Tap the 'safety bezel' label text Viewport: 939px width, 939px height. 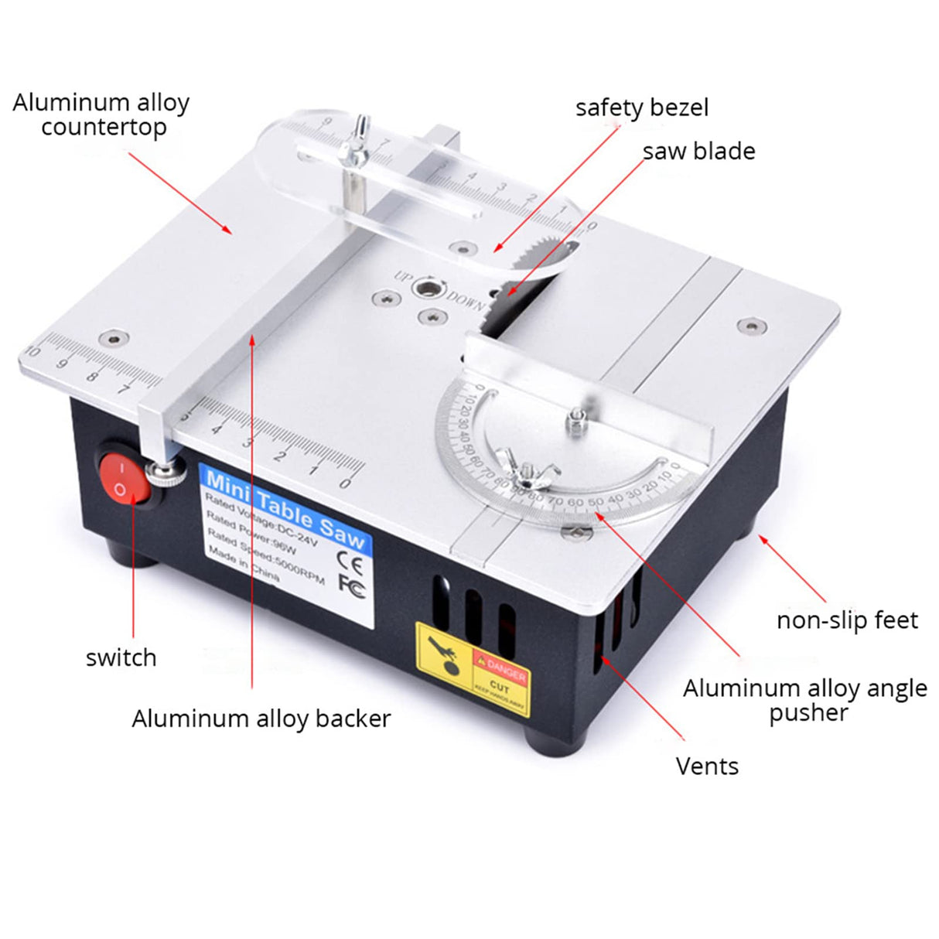point(641,108)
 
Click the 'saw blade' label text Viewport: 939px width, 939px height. point(698,151)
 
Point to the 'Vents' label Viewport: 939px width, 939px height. point(707,766)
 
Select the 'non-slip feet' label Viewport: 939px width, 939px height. point(847,620)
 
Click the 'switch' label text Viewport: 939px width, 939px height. point(121,657)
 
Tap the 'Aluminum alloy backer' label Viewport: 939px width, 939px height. point(261,718)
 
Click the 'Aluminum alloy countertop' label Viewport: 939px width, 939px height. point(101,114)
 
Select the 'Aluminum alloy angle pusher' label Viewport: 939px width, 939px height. point(804,699)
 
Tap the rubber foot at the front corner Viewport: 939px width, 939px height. point(558,745)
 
